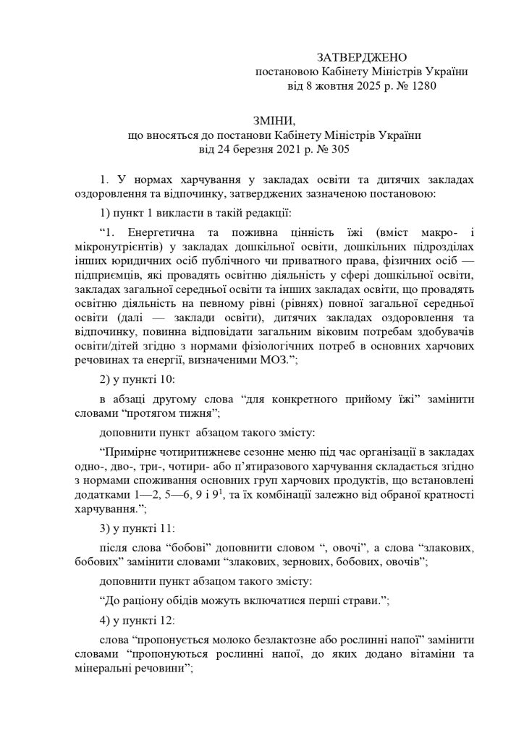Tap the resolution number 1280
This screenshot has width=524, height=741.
click(x=423, y=87)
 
